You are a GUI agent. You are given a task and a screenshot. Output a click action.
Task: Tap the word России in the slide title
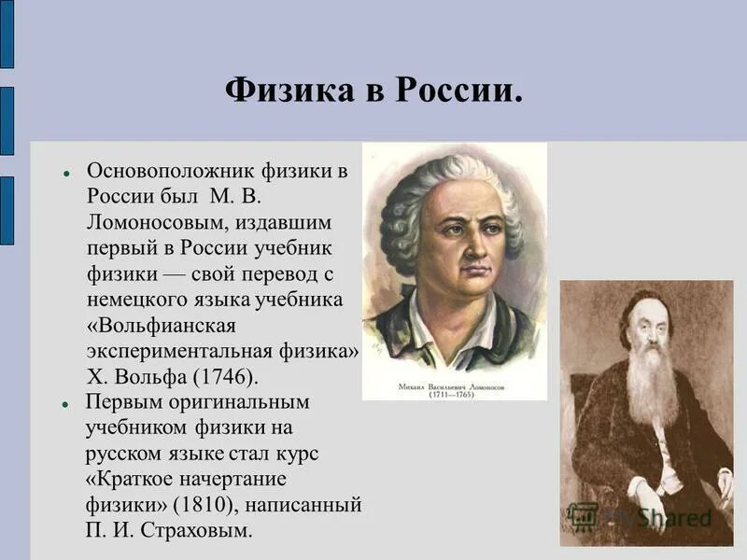458,91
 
